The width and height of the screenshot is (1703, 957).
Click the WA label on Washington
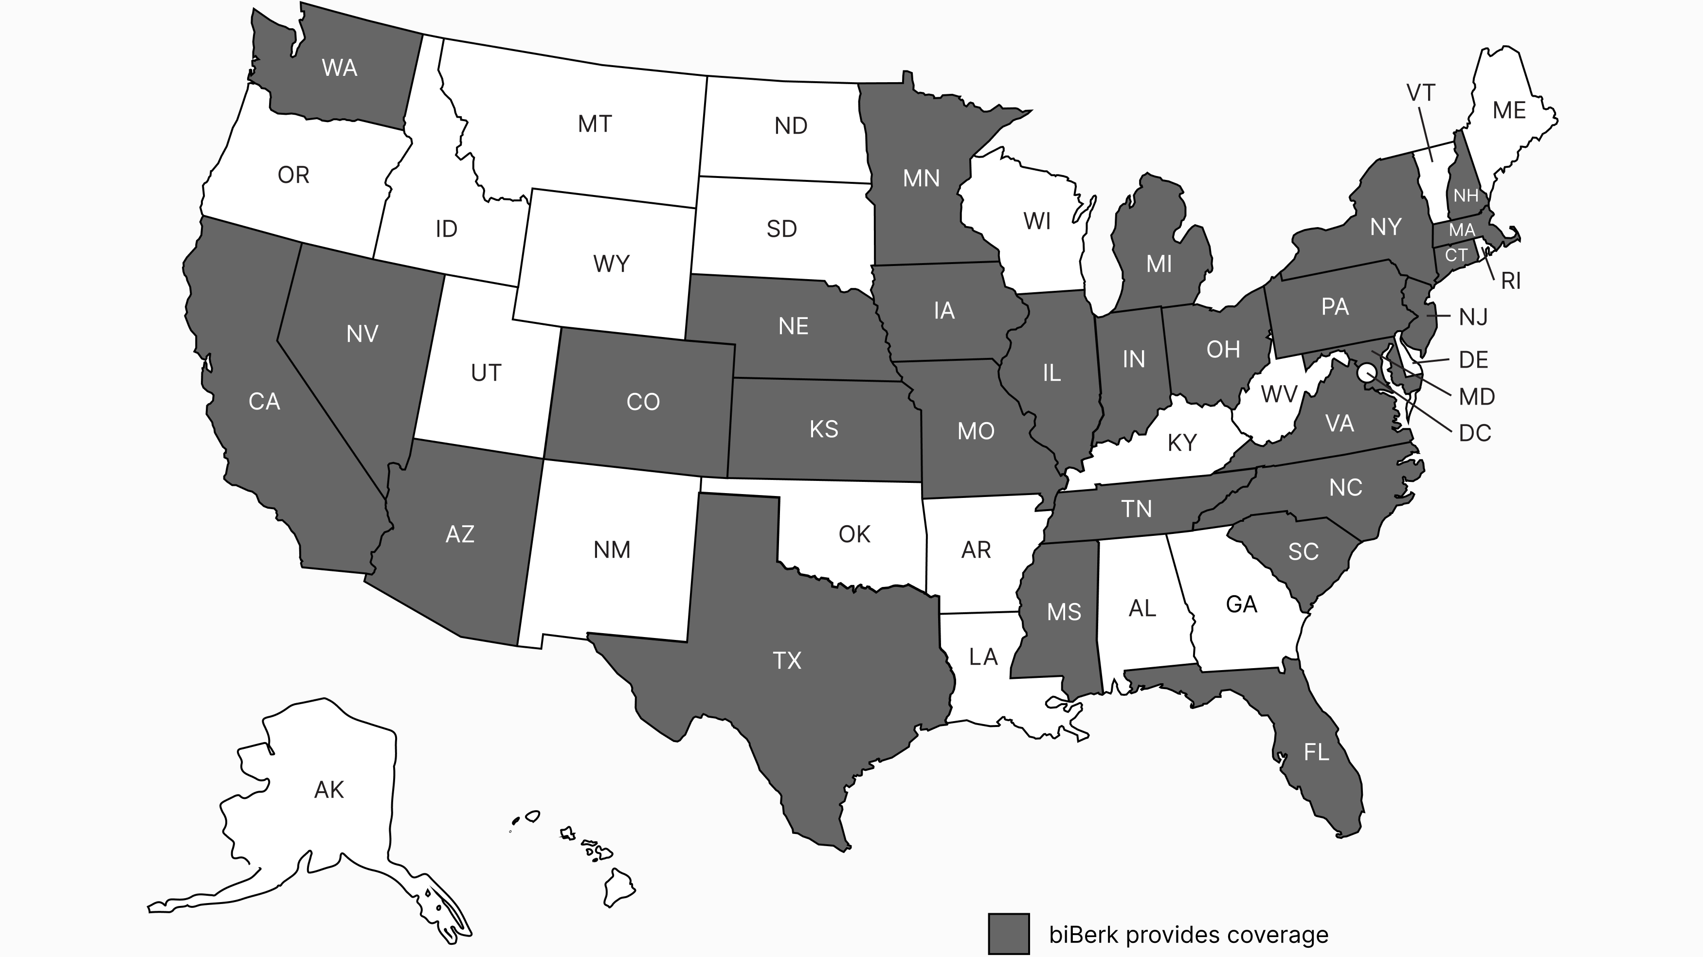click(x=339, y=68)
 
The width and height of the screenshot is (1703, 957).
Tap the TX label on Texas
click(x=787, y=660)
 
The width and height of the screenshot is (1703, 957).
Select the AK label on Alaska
click(x=328, y=789)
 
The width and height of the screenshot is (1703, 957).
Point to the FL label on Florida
click(x=1316, y=752)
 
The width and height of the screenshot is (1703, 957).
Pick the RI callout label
click(x=1511, y=281)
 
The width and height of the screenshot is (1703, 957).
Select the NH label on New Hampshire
click(x=1466, y=195)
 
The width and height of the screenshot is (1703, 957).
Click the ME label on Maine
click(x=1509, y=110)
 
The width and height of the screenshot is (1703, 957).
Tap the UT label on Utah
click(x=486, y=373)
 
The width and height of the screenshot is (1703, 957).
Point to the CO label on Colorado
click(x=643, y=402)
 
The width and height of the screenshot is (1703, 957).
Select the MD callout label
click(x=1476, y=396)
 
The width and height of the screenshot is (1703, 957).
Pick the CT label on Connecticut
click(x=1456, y=255)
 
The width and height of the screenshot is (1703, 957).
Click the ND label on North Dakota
click(x=791, y=125)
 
